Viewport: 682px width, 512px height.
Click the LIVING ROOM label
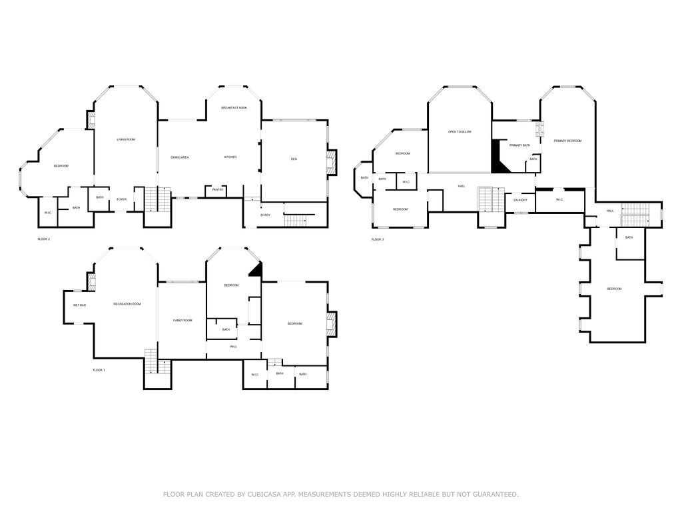click(126, 139)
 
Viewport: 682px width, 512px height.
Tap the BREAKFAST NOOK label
click(234, 107)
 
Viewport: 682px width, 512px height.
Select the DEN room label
click(294, 159)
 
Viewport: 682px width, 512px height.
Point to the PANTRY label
click(218, 190)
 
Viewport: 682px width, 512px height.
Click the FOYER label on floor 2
click(122, 199)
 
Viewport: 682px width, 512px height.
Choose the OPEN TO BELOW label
click(460, 132)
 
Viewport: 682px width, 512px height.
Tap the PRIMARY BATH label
click(519, 145)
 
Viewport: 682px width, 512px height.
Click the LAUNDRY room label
click(521, 200)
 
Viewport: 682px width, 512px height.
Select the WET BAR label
click(79, 305)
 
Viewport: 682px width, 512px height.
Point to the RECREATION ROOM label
click(127, 304)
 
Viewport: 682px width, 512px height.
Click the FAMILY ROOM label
click(182, 321)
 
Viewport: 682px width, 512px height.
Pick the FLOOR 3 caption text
click(378, 239)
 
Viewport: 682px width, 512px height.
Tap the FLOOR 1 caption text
click(99, 369)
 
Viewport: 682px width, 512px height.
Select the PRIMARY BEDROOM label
click(567, 141)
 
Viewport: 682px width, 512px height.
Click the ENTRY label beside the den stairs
click(265, 215)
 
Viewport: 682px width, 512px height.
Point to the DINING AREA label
click(180, 157)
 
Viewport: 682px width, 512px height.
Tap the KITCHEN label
click(230, 157)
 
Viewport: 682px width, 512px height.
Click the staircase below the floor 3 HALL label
click(492, 199)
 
